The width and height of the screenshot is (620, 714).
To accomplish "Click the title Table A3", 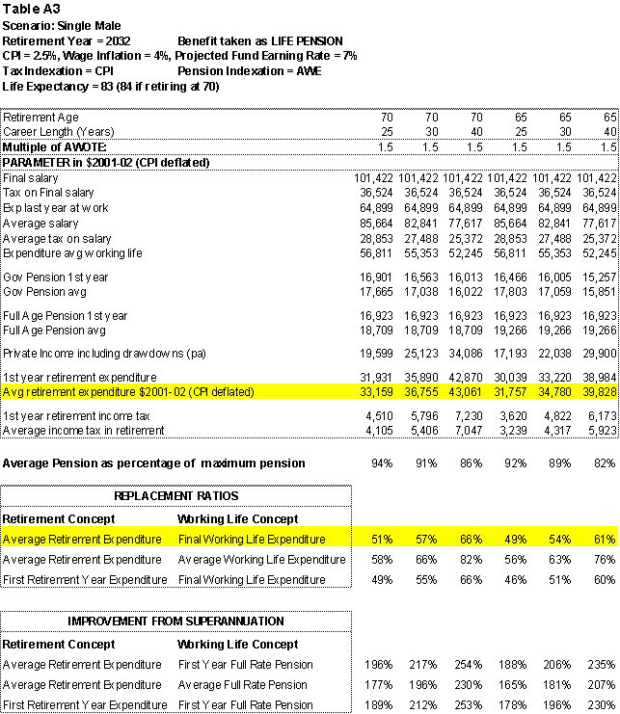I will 30,9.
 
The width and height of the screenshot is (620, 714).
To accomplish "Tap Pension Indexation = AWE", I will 248,70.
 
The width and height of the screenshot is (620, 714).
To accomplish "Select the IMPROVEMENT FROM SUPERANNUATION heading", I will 175,621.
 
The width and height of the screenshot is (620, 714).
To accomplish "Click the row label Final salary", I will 30,178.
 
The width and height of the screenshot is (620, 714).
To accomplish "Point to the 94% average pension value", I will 383,463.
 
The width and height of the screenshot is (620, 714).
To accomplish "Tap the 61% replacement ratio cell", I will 605,540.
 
